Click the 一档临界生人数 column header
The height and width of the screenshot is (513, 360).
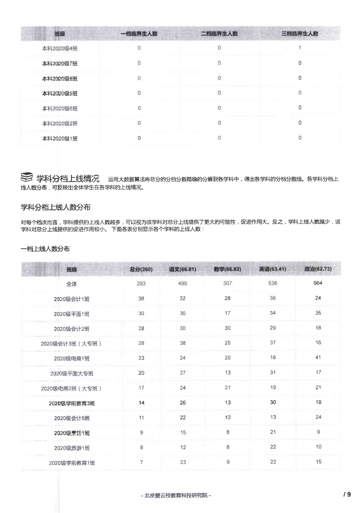(139, 34)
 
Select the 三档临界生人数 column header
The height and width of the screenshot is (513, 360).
(300, 34)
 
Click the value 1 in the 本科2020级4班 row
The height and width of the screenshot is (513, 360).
(300, 48)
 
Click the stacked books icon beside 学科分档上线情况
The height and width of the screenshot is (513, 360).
(27, 176)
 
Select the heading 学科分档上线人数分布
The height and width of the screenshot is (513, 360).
(56, 207)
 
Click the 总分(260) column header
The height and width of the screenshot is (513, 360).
(141, 269)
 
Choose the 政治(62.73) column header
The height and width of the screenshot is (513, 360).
(318, 269)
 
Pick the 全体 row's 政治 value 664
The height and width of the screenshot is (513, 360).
(318, 283)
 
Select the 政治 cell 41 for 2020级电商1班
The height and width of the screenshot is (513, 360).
(318, 358)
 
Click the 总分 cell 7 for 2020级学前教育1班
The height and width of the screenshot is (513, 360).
(141, 462)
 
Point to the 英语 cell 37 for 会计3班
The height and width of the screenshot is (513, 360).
(273, 343)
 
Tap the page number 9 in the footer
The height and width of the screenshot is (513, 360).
(349, 494)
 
